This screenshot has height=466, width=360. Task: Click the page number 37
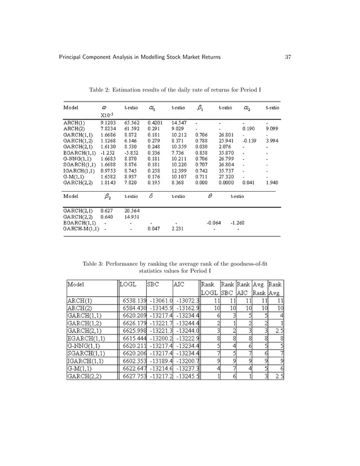click(287, 58)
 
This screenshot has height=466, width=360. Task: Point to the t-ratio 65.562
click(132, 121)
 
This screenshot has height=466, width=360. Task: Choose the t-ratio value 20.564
click(132, 209)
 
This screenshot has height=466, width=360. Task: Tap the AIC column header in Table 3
click(179, 285)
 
